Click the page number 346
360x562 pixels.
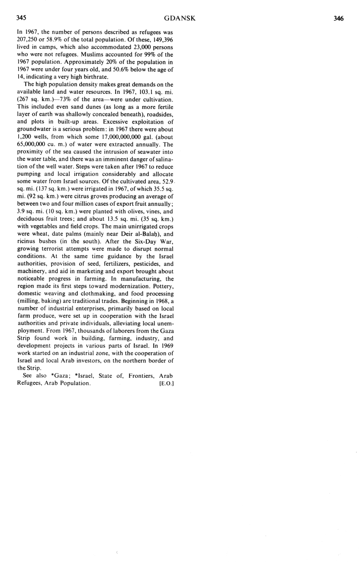point(338,19)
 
